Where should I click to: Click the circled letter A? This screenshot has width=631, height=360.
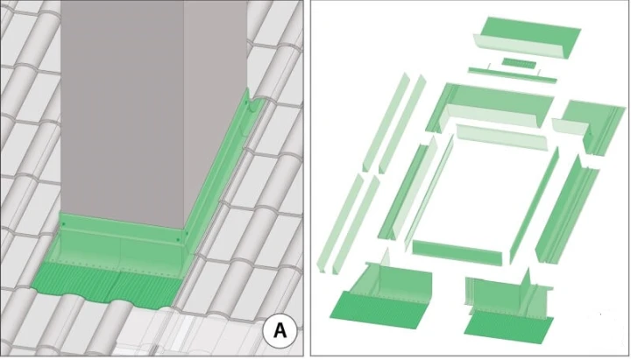pos(280,330)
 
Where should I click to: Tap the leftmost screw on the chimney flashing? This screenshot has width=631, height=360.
pos(64,224)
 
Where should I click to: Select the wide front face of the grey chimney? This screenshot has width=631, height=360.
pos(123,109)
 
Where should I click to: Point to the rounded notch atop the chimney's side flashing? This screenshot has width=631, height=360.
pos(255,103)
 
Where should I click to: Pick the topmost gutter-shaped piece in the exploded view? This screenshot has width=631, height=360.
pos(527,37)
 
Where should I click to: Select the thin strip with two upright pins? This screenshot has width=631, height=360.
pos(513,74)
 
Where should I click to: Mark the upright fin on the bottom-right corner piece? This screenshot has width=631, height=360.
pos(528,281)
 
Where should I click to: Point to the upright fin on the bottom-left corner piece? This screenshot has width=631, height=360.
pos(386,258)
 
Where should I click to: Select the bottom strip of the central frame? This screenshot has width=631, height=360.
pos(457,252)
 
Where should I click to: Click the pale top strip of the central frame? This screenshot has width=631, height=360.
pos(502,137)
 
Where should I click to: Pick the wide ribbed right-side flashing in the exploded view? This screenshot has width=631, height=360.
pos(567,209)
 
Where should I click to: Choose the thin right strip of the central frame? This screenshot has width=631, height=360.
pos(535,204)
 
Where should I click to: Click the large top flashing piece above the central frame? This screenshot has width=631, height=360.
pos(490,107)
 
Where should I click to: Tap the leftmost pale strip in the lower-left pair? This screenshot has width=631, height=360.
pos(340,223)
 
